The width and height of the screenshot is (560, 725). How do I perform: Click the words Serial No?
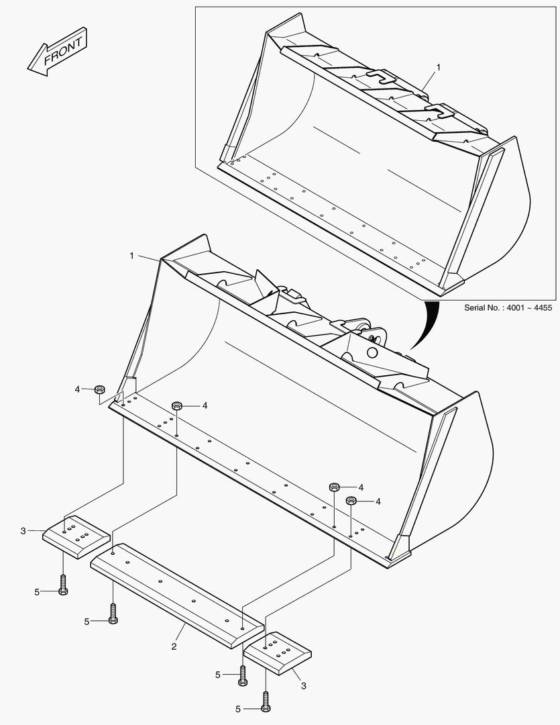[x=484, y=307]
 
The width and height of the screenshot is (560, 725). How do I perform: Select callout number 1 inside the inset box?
[x=439, y=67]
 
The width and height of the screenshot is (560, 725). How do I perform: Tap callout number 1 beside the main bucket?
[x=132, y=256]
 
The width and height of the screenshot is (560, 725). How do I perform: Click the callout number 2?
[x=174, y=646]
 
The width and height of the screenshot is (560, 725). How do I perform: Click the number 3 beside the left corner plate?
[x=23, y=531]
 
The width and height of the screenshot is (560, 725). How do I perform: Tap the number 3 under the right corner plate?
[x=304, y=685]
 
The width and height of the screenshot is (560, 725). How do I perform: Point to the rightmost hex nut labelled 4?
[x=351, y=501]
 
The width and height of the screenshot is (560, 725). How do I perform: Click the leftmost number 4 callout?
[x=77, y=389]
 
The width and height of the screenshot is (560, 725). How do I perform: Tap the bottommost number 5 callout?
[x=238, y=709]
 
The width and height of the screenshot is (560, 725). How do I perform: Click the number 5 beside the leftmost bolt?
[x=37, y=591]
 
